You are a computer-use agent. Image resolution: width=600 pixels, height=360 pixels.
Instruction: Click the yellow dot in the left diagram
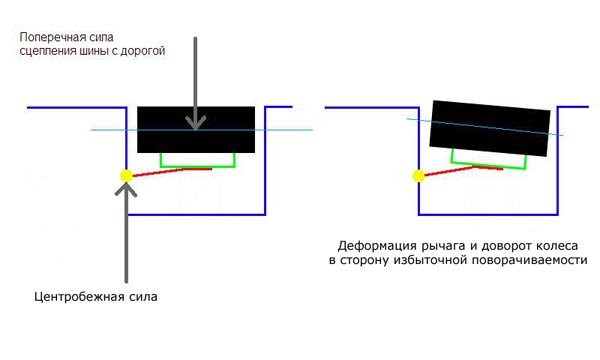click(x=126, y=176)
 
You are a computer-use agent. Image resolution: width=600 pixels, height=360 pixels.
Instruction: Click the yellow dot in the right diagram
click(x=416, y=177)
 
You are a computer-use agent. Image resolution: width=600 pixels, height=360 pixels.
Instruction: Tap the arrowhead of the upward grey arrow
click(x=126, y=191)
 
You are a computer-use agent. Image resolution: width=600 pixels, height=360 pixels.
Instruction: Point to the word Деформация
click(x=377, y=244)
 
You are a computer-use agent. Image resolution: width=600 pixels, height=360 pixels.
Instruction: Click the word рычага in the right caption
click(x=442, y=244)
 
